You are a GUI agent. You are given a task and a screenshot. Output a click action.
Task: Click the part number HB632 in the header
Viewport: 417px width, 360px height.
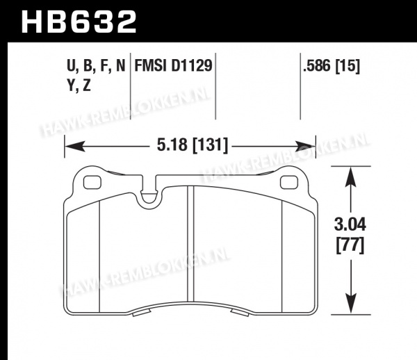click(79, 22)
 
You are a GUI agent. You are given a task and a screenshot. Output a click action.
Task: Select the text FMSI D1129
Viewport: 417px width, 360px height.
click(173, 65)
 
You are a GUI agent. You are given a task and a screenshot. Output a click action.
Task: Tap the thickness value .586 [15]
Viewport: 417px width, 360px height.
click(331, 65)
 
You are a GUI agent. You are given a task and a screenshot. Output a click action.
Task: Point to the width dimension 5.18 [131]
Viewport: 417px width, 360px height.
click(193, 145)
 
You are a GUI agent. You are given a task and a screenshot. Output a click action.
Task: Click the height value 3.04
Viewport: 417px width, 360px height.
click(350, 224)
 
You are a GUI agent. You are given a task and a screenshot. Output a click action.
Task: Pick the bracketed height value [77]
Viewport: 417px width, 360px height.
click(350, 245)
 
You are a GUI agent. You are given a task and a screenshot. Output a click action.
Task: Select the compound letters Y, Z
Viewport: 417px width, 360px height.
click(79, 85)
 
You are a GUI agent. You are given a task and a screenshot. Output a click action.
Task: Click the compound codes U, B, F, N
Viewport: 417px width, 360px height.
click(96, 65)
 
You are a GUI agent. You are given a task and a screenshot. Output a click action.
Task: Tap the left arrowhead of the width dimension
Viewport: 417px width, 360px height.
click(75, 146)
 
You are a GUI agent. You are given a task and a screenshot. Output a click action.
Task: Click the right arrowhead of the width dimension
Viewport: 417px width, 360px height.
click(305, 146)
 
